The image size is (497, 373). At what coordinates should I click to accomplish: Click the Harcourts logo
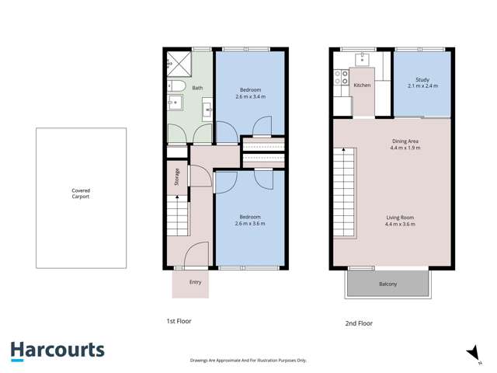click(x=57, y=350)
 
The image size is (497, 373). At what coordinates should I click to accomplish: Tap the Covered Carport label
click(x=81, y=193)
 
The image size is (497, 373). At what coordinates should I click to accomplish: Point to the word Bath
click(x=198, y=89)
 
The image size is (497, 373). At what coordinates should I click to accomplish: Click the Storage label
click(x=177, y=176)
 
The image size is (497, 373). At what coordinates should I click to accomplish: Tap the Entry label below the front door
click(x=196, y=282)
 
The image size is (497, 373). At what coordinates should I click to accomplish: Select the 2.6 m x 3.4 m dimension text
click(x=251, y=98)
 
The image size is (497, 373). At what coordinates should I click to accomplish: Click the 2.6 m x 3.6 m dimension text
click(x=251, y=224)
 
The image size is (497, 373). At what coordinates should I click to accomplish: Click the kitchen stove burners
click(x=339, y=77)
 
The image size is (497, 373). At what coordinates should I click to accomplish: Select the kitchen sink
click(x=363, y=59)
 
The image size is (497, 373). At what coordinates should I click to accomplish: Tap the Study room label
click(x=422, y=80)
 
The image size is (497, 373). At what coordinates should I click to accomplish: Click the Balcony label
click(x=388, y=284)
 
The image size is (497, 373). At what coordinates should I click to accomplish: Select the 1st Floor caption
click(x=179, y=321)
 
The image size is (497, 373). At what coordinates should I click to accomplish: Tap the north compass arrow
click(x=471, y=353)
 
